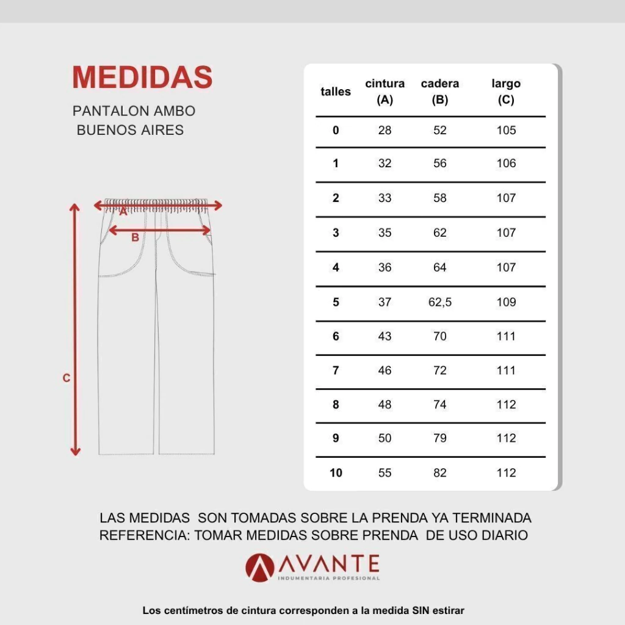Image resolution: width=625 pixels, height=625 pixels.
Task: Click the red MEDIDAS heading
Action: [142, 78]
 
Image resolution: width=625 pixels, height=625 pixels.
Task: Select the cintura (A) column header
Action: [385, 92]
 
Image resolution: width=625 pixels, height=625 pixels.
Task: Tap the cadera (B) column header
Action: [439, 92]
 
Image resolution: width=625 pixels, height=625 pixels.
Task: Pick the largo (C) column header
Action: [506, 92]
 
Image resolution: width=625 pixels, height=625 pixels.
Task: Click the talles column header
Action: [336, 92]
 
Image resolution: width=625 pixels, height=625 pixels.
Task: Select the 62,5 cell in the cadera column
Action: [439, 302]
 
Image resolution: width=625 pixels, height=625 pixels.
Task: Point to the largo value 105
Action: [506, 130]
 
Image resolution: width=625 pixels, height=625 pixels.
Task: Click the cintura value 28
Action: [385, 130]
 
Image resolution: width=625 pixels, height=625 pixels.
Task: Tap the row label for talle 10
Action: [336, 473]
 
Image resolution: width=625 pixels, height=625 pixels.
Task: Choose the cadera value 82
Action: [439, 473]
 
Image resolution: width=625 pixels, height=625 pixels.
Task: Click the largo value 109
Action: [506, 302]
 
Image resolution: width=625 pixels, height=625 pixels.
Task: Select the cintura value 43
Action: [385, 336]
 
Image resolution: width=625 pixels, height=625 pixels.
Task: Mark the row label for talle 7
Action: [336, 370]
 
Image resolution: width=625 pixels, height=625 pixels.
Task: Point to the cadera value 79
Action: [439, 438]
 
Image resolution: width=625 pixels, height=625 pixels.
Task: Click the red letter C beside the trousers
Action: [67, 378]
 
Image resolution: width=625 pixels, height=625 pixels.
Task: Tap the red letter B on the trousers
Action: [135, 238]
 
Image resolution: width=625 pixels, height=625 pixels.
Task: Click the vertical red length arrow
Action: [75, 330]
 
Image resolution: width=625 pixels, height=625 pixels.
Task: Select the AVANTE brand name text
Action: [328, 562]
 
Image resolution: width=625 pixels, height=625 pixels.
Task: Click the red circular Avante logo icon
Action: [259, 568]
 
